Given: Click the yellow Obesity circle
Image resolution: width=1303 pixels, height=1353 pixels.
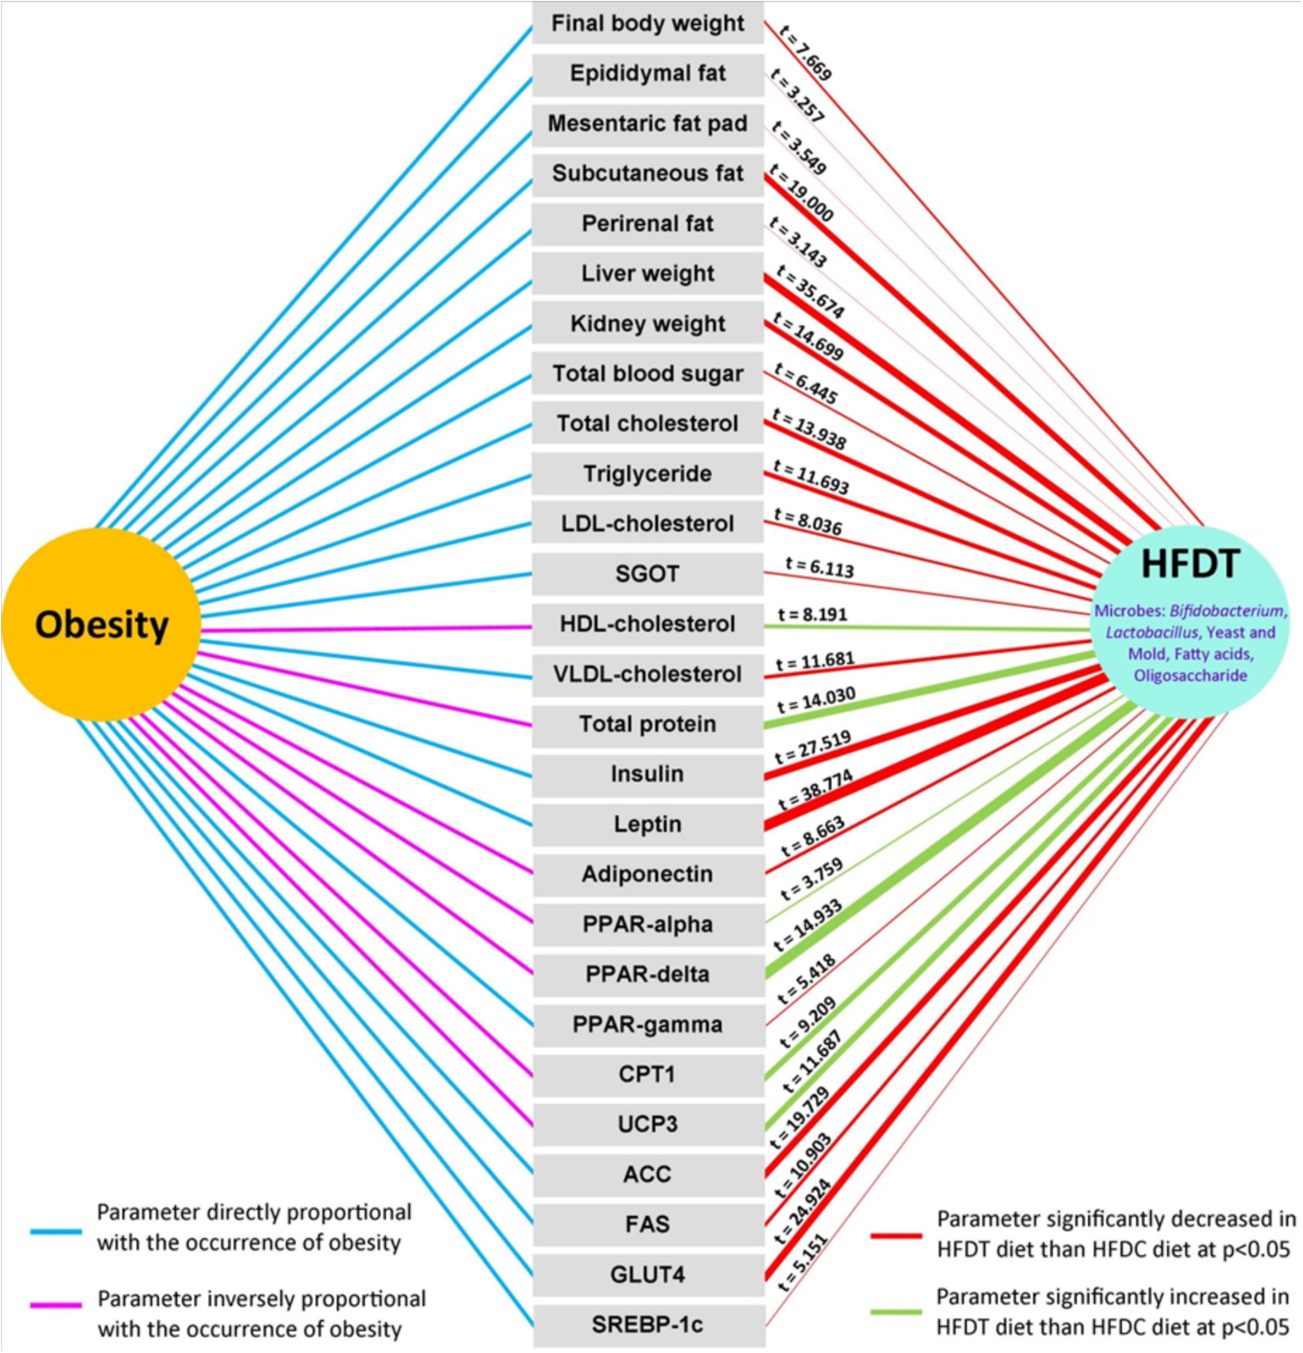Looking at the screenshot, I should (102, 625).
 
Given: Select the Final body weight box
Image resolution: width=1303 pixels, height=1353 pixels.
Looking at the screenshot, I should (647, 23).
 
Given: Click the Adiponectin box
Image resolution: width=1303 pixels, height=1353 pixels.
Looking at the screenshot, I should (647, 874).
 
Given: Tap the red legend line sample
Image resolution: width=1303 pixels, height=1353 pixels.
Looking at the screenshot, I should (896, 1236).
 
